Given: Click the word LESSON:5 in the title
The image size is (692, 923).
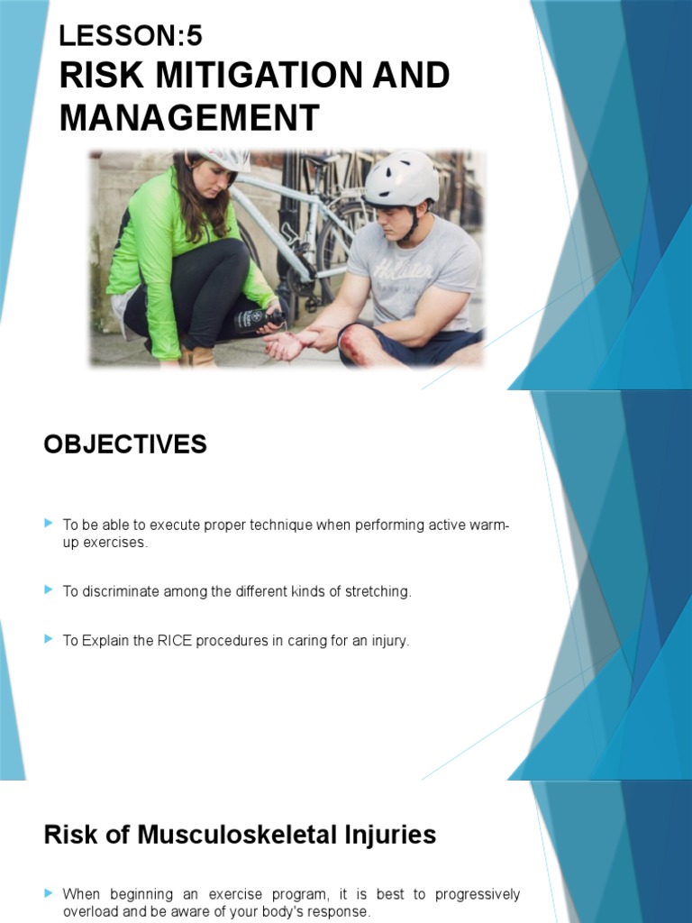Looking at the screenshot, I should point(131,36).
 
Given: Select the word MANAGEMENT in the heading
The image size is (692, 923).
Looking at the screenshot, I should point(189,118).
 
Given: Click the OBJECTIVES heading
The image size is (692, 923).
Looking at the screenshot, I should point(125,444).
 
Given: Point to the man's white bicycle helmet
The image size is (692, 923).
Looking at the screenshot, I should point(401,178).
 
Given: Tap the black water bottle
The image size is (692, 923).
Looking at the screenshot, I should point(257,319).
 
